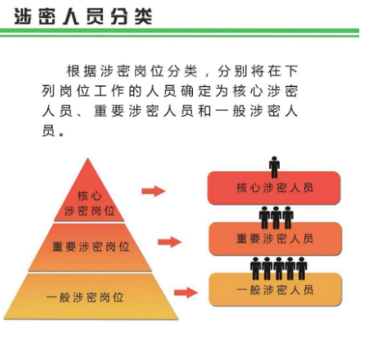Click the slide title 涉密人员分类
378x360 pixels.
pyautogui.click(x=83, y=16)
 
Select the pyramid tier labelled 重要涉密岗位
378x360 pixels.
pyautogui.click(x=90, y=247)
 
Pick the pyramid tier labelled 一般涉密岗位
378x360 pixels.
pyautogui.click(x=91, y=297)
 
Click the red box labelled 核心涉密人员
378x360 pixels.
pyautogui.click(x=273, y=188)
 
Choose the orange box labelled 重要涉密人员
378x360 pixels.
pyautogui.click(x=275, y=238)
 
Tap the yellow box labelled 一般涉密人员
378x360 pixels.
pyautogui.click(x=276, y=289)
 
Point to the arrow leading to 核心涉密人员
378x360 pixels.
pyautogui.click(x=153, y=191)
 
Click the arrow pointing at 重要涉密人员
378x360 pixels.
pyautogui.click(x=170, y=242)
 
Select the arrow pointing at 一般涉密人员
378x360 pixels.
pyautogui.click(x=186, y=293)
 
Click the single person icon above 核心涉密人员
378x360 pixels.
pyautogui.click(x=274, y=167)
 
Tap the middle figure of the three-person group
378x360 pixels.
pyautogui.click(x=276, y=217)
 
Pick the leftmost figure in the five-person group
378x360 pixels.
pyautogui.click(x=256, y=268)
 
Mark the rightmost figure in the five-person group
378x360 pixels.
pyautogui.click(x=302, y=268)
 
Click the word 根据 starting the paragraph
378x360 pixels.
pyautogui.click(x=81, y=71)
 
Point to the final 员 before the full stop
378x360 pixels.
pyautogui.click(x=49, y=131)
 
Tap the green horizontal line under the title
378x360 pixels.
pyautogui.click(x=179, y=32)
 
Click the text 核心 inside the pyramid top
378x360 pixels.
pyautogui.click(x=89, y=196)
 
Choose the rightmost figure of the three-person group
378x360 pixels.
pyautogui.click(x=288, y=217)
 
